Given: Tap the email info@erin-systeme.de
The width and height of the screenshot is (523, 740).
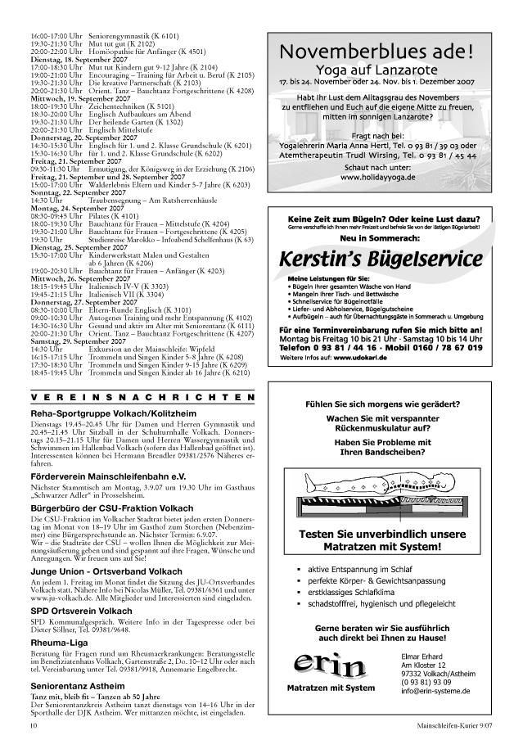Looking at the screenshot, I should pyautogui.click(x=435, y=691).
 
